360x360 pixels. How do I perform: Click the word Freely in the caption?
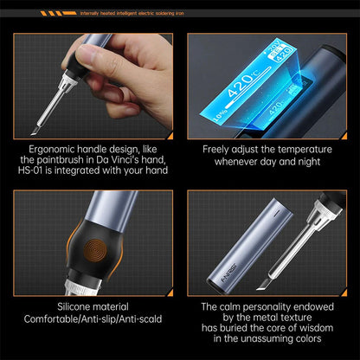click(x=219, y=149)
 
